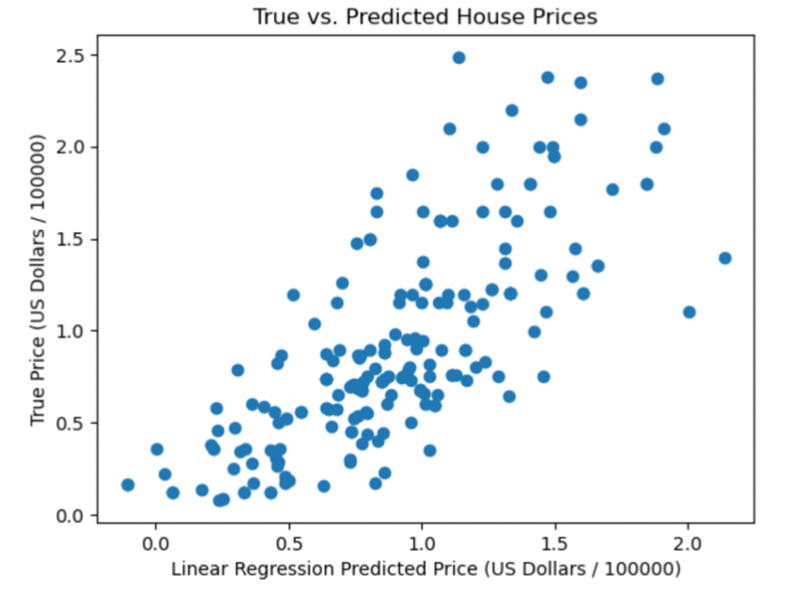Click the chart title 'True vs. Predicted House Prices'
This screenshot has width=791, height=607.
point(426,17)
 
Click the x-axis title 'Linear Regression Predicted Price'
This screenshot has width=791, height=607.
point(425,569)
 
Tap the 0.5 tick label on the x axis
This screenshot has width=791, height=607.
point(288,543)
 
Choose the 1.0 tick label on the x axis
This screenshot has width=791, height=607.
point(422,543)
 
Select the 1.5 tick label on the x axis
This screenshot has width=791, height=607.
point(554,543)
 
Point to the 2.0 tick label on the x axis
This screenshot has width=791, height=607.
point(688,543)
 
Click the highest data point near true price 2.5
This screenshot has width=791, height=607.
point(458,57)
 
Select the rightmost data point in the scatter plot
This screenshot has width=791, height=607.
point(724,257)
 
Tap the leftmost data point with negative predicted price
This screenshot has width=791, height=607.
point(128,485)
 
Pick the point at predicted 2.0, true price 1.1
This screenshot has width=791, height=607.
point(689,312)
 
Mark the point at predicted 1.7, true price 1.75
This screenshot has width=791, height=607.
point(613,190)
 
